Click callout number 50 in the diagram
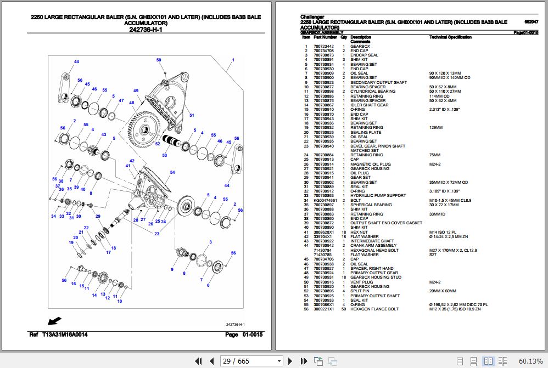159,60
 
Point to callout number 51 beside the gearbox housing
192,115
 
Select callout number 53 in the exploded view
164,156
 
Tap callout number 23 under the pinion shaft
157,234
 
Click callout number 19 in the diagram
71,242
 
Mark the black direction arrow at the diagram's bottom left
55,320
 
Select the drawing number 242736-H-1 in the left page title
146,30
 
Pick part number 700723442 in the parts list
323,47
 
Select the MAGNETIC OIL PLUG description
371,164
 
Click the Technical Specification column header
450,37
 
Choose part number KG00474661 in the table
324,200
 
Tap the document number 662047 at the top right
532,21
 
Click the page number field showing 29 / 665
251,360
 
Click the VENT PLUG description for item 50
362,282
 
